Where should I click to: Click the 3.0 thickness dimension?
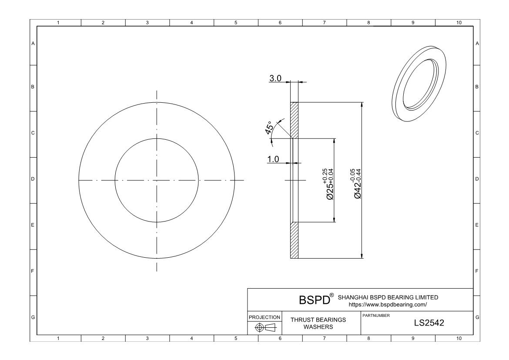click(x=275, y=78)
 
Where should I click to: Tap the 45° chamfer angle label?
click(x=269, y=128)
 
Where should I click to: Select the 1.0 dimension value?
click(x=273, y=159)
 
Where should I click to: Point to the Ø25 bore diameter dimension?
click(x=330, y=184)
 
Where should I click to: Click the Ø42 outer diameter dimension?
click(x=357, y=184)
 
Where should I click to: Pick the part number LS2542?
click(x=429, y=323)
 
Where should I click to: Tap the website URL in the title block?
click(x=388, y=305)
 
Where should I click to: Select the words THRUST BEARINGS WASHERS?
click(x=318, y=323)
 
